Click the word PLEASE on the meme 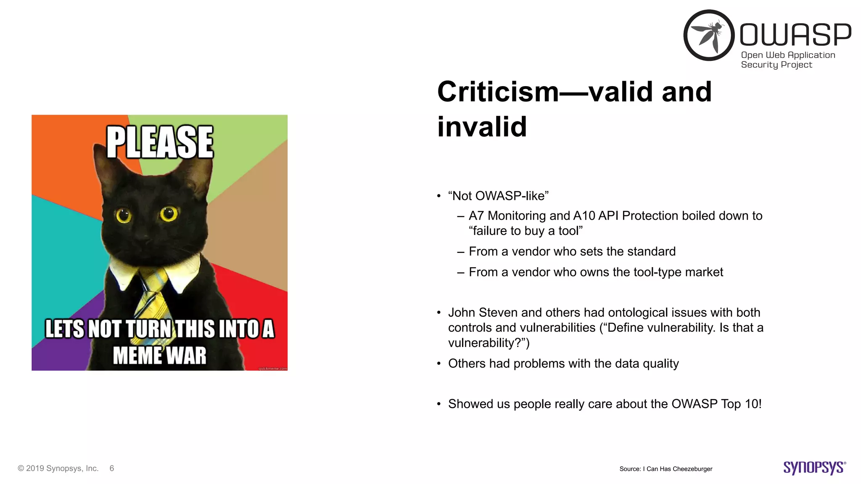pos(160,142)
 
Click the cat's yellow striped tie pos(153,302)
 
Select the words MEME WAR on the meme pos(160,355)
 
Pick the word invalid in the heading pos(482,126)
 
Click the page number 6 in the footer pos(112,468)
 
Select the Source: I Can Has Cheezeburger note pos(666,469)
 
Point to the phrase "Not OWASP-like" pos(498,196)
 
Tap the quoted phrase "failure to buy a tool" pos(526,231)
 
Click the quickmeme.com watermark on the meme pos(272,368)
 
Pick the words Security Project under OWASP pos(776,65)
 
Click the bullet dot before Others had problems pos(438,364)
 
